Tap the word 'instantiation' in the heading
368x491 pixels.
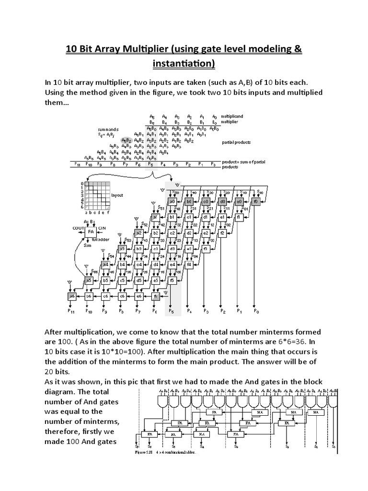(184, 63)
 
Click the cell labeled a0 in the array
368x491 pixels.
(172, 202)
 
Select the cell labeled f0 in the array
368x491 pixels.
(256, 202)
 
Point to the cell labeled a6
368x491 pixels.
(72, 297)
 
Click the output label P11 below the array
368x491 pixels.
(72, 312)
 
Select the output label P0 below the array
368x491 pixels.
(256, 312)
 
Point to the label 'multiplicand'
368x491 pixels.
(233, 117)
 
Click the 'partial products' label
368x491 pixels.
(237, 142)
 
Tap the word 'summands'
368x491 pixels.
(108, 130)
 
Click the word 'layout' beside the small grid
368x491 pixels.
(117, 196)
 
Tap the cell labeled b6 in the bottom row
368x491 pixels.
(89, 297)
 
